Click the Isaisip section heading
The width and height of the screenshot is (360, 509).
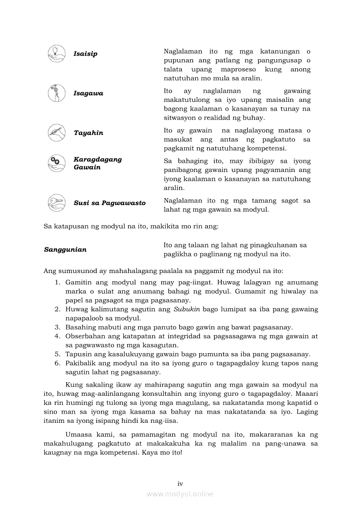(x=85, y=54)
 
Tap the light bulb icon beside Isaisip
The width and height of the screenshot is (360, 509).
(x=56, y=54)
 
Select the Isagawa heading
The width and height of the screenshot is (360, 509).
(x=88, y=94)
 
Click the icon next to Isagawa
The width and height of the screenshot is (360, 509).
(x=56, y=93)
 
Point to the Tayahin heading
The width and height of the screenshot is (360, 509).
(x=88, y=133)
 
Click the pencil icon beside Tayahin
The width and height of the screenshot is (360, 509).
(x=56, y=133)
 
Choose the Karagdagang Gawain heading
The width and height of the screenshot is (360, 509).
(x=98, y=163)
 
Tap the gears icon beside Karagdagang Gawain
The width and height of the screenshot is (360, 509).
(x=56, y=163)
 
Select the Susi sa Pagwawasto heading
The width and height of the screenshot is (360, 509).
(x=109, y=203)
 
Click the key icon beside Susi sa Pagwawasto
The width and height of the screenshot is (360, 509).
(x=56, y=202)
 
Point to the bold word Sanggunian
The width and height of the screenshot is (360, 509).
(x=65, y=249)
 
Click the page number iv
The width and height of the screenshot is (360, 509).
(x=180, y=484)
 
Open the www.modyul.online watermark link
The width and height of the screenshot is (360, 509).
(x=180, y=494)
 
